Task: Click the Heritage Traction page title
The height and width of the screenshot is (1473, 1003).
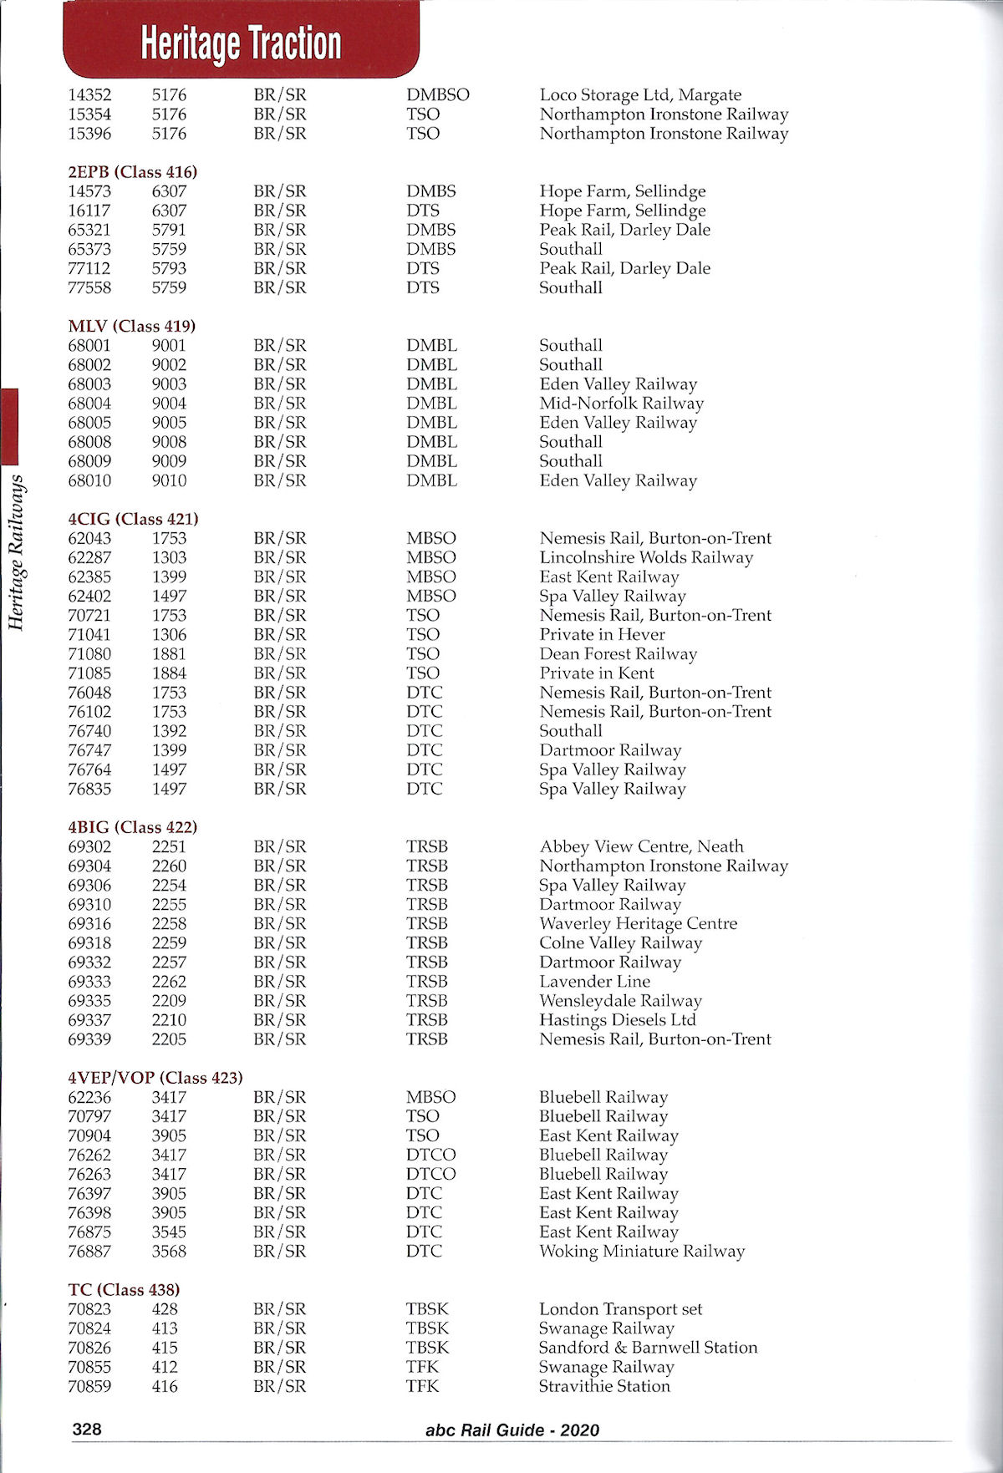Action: click(x=241, y=43)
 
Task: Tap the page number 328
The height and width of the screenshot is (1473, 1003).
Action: click(x=86, y=1429)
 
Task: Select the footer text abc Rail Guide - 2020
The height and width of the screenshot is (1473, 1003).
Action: click(x=512, y=1430)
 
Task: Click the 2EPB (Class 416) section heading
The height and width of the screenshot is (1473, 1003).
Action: click(x=132, y=172)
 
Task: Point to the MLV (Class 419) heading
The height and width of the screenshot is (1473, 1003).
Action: click(x=131, y=326)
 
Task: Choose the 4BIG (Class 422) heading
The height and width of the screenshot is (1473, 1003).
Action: click(x=132, y=827)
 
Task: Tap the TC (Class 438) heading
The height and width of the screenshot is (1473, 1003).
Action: click(x=124, y=1289)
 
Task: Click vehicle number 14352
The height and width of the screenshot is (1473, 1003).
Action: click(x=89, y=95)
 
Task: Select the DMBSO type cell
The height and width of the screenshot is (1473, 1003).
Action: click(x=438, y=95)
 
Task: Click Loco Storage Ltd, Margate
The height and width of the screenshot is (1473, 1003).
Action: click(x=640, y=95)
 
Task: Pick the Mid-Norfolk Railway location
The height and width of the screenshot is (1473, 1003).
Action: click(x=621, y=404)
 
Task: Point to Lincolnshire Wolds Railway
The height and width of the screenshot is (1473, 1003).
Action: click(x=646, y=557)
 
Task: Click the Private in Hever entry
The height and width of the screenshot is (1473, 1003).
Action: click(x=602, y=634)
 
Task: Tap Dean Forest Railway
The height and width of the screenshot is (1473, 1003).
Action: click(x=618, y=654)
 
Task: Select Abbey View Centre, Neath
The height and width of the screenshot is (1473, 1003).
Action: click(x=641, y=846)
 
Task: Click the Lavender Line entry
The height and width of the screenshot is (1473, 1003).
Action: click(x=594, y=982)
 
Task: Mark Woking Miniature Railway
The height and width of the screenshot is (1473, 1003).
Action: click(x=641, y=1252)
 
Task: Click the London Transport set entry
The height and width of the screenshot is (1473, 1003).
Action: click(x=620, y=1309)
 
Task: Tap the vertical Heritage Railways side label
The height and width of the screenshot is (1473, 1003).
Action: click(x=15, y=551)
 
